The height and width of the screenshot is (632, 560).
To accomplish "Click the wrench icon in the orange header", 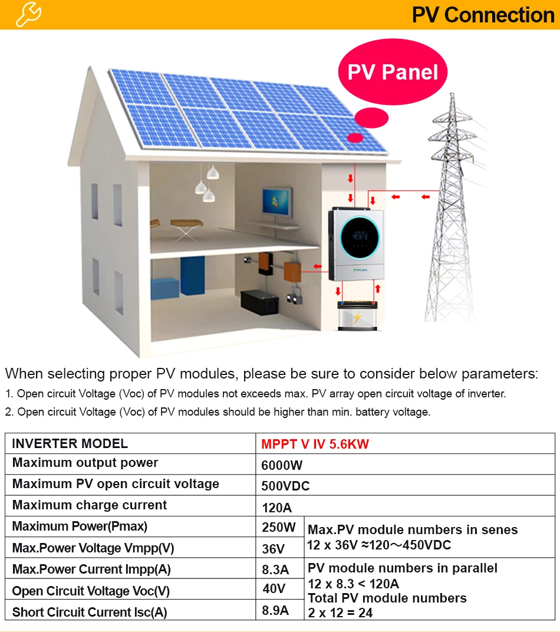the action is [28, 14].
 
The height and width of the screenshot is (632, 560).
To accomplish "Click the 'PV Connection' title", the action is [483, 15].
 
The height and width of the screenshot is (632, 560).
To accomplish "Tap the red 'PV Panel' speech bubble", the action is [393, 73].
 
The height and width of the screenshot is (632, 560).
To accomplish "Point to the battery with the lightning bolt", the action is [357, 317].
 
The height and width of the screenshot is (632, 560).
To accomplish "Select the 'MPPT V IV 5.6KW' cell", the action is [315, 444].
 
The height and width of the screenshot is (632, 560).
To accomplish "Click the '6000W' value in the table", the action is [282, 465].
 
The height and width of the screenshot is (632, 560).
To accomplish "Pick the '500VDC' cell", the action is [285, 486].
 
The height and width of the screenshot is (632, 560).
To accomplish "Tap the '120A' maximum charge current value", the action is [276, 508].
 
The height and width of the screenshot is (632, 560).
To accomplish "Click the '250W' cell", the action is [279, 527].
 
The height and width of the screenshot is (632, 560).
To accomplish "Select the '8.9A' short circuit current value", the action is [275, 611].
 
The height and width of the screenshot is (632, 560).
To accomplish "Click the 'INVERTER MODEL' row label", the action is [70, 443].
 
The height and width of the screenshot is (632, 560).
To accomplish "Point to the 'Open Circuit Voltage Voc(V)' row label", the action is [91, 591].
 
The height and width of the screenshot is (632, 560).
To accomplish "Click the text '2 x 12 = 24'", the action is [340, 613].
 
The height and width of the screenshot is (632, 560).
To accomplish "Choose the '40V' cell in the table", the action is [274, 588].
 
